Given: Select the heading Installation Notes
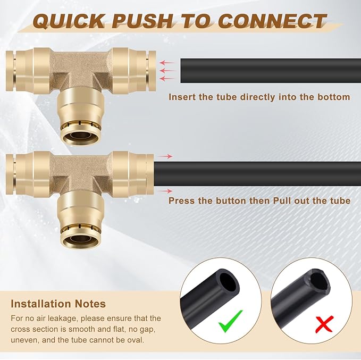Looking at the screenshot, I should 58,304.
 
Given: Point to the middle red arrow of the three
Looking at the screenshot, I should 167,70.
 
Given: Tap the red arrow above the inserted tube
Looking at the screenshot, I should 166,156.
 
